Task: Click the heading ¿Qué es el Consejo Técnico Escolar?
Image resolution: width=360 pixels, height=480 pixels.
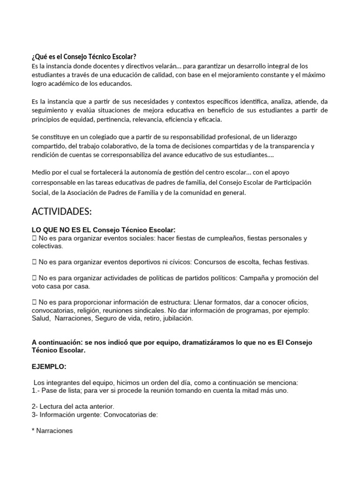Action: click(x=84, y=57)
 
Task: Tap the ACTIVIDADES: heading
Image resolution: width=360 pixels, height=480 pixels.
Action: click(x=61, y=212)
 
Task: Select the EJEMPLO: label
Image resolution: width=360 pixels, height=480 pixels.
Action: click(x=50, y=367)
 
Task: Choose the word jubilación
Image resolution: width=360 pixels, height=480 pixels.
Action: click(x=173, y=318)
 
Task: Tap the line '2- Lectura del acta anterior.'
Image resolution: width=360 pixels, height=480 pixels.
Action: click(x=73, y=406)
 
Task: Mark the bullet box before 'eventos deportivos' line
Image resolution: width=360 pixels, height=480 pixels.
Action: click(x=34, y=262)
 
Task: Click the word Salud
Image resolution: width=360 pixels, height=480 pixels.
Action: click(x=41, y=318)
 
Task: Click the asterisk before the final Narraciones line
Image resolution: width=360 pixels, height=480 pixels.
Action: click(x=34, y=430)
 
